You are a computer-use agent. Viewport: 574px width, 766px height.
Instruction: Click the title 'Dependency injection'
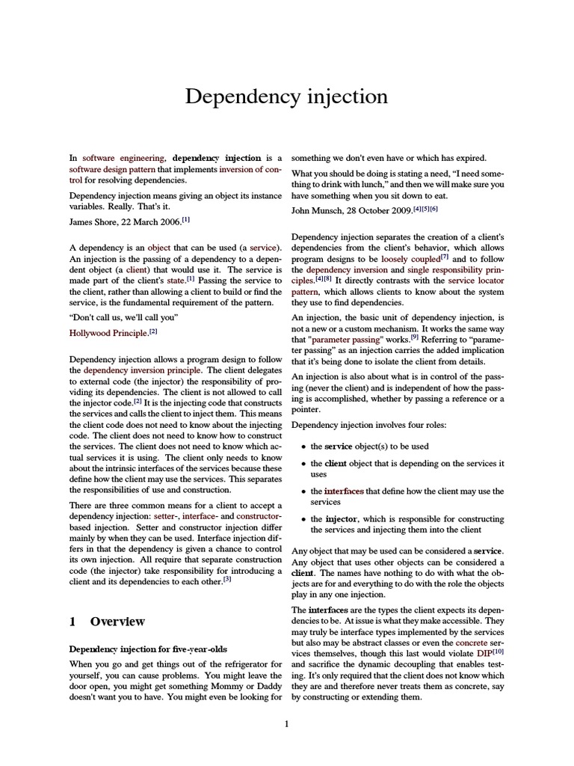tap(286, 97)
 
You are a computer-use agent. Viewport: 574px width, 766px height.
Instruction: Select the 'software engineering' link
tap(123, 158)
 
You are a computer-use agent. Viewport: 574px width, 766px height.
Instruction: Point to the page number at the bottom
tap(286, 723)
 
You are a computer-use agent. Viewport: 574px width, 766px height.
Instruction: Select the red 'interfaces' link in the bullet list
tap(345, 491)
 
